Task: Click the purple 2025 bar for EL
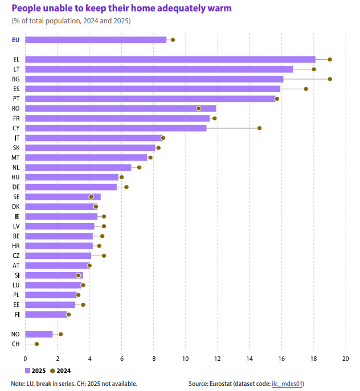point(170,59)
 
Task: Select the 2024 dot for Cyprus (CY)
point(259,128)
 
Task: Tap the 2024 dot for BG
point(330,79)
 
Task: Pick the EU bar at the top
point(96,40)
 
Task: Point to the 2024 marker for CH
point(36,344)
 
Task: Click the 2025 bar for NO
point(39,334)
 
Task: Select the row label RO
point(16,109)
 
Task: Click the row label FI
point(17,315)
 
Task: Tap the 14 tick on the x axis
point(249,359)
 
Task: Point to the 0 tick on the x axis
point(25,359)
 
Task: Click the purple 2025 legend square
point(28,371)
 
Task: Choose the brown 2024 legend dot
point(52,371)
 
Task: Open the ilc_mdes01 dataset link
point(287,384)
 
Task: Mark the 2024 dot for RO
point(198,109)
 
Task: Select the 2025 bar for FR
point(117,118)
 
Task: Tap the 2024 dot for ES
point(306,89)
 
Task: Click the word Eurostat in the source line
point(220,384)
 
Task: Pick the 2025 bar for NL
point(78,167)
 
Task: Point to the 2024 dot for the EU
point(173,40)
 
